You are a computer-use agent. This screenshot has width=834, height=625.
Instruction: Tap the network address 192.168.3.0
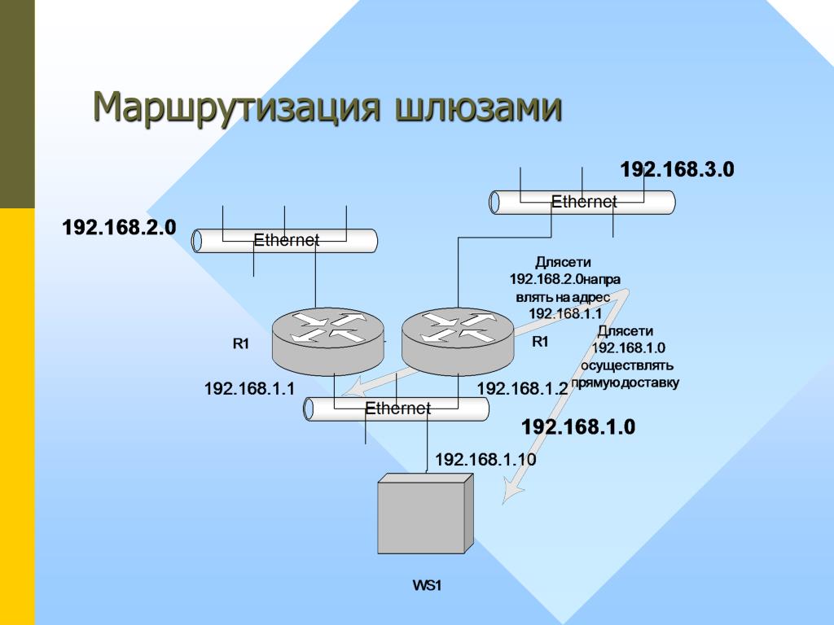[x=677, y=169]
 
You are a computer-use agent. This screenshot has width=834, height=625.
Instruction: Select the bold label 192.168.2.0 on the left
[x=119, y=227]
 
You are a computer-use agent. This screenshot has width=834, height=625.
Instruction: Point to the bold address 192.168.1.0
[x=577, y=426]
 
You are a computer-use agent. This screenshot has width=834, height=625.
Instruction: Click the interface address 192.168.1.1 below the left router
[x=248, y=389]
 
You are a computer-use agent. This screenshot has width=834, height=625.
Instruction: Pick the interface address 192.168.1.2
[x=521, y=389]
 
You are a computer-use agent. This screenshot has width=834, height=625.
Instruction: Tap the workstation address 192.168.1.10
[x=485, y=460]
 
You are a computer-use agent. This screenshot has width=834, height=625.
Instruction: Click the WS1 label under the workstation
[x=427, y=585]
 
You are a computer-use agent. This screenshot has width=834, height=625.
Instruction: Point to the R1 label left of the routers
[x=240, y=343]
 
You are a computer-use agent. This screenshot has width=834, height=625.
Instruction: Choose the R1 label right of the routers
[x=540, y=342]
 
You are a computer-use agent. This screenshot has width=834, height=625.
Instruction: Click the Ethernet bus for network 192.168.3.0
[x=582, y=202]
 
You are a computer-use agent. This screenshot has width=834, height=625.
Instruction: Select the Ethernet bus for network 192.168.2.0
[x=285, y=240]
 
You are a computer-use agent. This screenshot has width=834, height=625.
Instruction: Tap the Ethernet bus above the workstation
[x=397, y=409]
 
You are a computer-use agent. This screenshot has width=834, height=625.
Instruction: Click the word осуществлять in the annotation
[x=627, y=365]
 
